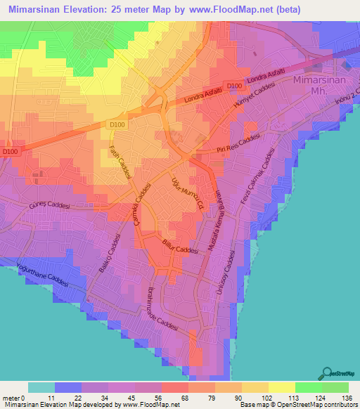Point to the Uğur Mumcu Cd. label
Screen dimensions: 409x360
tap(193, 190)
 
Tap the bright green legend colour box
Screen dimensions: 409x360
tap(308, 387)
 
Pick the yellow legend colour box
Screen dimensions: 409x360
tap(254, 387)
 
